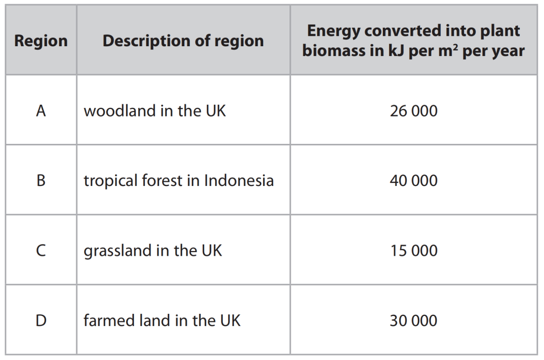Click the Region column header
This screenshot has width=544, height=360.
click(41, 41)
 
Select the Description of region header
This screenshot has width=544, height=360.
click(183, 41)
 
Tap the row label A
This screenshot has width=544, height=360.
click(41, 111)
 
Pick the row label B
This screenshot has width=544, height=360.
click(41, 181)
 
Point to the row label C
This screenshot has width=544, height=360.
click(41, 251)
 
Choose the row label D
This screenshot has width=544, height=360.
click(41, 320)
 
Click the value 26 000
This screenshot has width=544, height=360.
click(414, 111)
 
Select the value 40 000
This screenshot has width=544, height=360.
click(414, 181)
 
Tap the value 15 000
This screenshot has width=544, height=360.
click(414, 251)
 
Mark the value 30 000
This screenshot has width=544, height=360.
click(414, 320)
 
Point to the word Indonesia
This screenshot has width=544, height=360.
click(239, 181)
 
